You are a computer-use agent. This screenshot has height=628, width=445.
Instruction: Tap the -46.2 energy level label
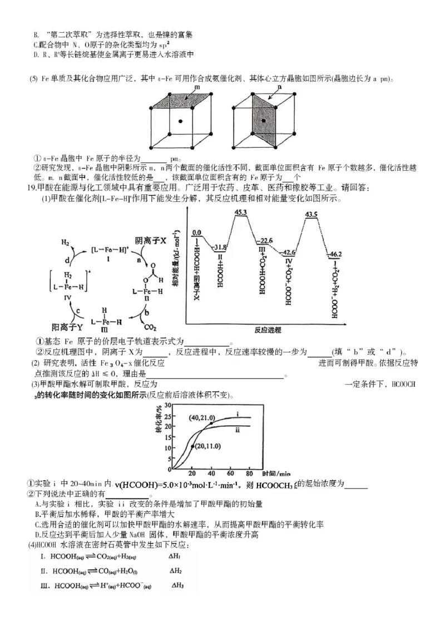coord(335,254)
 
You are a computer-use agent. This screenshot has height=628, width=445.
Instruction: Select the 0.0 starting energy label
coord(196,233)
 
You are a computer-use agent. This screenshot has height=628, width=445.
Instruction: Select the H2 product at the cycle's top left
coord(65,243)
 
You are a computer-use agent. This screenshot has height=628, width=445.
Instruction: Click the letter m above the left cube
coord(197,87)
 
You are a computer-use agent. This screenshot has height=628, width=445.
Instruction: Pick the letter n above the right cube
coord(279,87)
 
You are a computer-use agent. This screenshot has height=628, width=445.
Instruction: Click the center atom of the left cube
coord(180,121)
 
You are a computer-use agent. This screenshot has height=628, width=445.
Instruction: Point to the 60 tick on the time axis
coord(230,473)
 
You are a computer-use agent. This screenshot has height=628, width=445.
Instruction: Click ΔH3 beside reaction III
coord(177,585)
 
